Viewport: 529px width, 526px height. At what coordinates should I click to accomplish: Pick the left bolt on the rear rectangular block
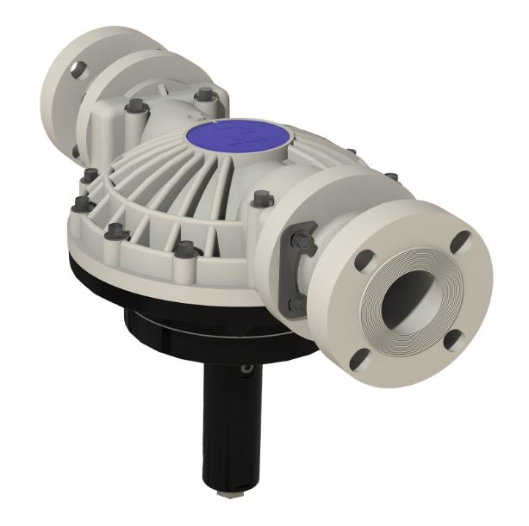(x=135, y=108)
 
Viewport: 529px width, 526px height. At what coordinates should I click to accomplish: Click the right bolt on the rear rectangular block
(x=203, y=95)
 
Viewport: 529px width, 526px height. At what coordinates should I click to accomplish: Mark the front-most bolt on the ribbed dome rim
(x=184, y=250)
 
